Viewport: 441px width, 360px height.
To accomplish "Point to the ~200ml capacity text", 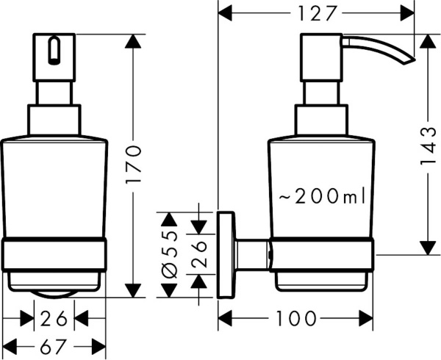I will coord(322,196).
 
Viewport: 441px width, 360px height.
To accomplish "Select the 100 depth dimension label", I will coord(298,318).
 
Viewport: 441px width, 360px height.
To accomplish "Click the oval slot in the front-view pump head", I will coord(53,51).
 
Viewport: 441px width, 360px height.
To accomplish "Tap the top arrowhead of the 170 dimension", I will coord(133,41).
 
